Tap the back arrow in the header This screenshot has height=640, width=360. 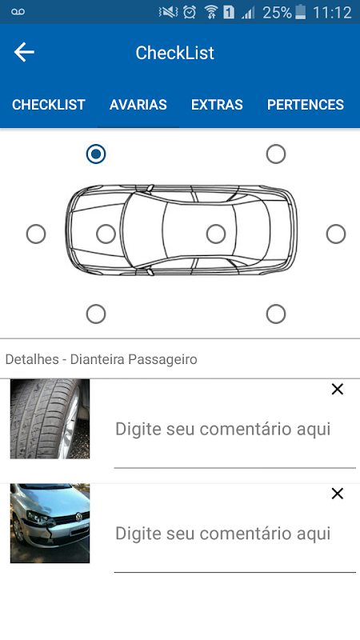coord(24,53)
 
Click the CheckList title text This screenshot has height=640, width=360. coord(174,53)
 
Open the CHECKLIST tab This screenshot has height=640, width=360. coord(49,105)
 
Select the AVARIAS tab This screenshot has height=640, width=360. coord(138,105)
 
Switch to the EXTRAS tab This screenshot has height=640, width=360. coord(217,105)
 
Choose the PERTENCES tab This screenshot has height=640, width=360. coord(306,105)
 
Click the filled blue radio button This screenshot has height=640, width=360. coord(96,154)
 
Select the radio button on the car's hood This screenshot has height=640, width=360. coord(106,234)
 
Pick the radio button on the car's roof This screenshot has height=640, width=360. coord(216,234)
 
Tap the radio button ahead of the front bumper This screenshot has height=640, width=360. coord(36,234)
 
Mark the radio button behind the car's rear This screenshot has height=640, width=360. coord(336,234)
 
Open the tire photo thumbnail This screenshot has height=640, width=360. coord(50,418)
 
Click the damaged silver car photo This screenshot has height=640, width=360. coord(50,523)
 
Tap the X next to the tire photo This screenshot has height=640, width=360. coord(338,390)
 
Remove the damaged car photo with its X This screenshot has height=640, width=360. coord(338,494)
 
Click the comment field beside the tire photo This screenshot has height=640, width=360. coord(234,429)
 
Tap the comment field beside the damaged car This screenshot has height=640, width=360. coord(234,534)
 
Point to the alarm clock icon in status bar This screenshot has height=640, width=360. coord(190,12)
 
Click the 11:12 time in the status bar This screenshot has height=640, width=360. coord(332,13)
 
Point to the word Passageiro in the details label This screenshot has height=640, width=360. coord(162,359)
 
